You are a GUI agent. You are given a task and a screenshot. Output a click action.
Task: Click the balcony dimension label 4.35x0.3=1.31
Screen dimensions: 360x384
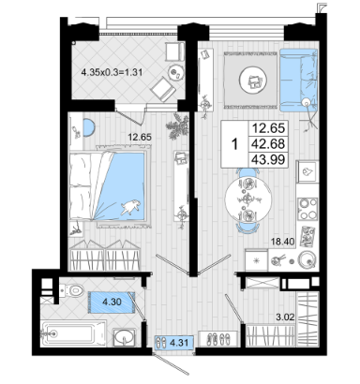pos(112,72)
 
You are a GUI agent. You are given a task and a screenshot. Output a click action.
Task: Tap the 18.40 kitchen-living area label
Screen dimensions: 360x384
pos(282,241)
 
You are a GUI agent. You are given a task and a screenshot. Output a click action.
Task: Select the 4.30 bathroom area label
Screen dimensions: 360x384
pos(112,302)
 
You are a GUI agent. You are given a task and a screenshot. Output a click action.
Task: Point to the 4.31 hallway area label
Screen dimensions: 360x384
pos(179,343)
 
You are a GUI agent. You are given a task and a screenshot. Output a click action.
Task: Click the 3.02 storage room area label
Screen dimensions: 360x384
pos(285,318)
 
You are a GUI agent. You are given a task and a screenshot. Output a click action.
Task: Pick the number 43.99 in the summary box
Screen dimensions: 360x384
pos(268,160)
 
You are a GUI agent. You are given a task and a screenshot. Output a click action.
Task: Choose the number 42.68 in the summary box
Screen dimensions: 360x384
pos(268,144)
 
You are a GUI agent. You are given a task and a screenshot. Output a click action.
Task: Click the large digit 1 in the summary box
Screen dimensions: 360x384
pos(235,144)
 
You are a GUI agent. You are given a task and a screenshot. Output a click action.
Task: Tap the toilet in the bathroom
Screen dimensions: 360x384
pos(72,290)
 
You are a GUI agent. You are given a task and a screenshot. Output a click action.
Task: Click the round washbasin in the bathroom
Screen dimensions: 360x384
pos(125,337)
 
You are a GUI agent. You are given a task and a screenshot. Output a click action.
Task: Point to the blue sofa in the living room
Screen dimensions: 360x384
pos(299,81)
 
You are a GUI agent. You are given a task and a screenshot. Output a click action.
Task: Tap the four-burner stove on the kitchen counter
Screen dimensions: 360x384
pos(307,209)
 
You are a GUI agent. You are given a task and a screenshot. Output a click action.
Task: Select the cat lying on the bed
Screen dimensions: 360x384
pos(130,207)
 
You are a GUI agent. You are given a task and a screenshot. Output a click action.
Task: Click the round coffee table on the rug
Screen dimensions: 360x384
pos(253,80)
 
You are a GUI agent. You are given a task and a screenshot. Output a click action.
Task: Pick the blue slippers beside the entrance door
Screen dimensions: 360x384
pos(162,343)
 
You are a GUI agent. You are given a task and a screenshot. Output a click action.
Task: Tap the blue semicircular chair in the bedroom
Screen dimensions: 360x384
pos(89,127)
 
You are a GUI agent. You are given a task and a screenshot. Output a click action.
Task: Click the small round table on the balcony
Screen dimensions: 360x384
pos(175,72)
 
